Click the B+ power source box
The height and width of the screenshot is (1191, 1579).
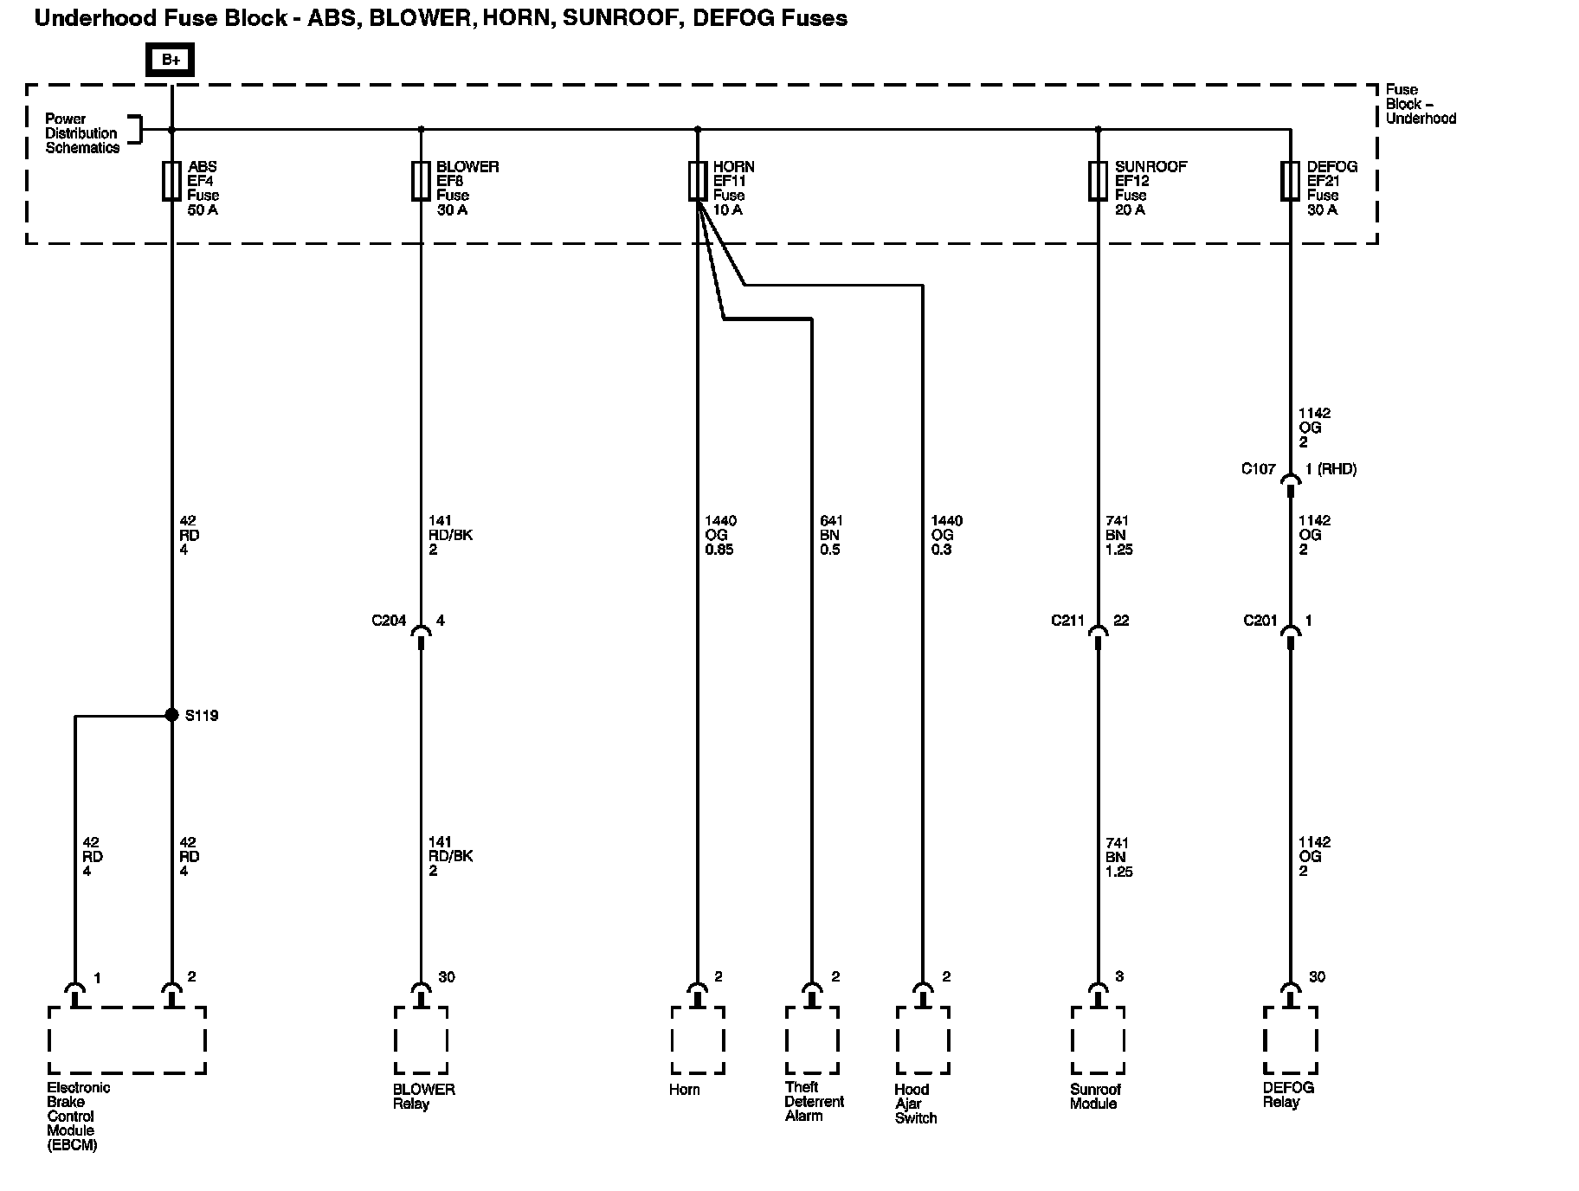(171, 60)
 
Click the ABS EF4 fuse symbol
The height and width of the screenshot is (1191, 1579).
(171, 181)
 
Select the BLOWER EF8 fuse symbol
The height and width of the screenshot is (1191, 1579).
(421, 181)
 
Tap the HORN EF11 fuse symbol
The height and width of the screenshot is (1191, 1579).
(698, 181)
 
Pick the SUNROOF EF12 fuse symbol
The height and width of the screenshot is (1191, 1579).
(1098, 181)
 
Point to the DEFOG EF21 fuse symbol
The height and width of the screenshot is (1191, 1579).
(1290, 181)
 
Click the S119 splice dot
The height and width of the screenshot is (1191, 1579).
(171, 715)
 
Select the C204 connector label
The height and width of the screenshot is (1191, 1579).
(389, 621)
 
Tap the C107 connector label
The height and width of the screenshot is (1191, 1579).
(1258, 469)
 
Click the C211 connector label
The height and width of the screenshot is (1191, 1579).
(1067, 621)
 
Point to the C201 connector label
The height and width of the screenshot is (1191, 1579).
(1260, 621)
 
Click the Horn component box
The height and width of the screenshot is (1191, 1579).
(697, 1040)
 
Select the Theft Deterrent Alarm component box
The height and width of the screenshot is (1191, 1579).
(811, 1040)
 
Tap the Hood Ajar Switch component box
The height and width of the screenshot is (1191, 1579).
(923, 1040)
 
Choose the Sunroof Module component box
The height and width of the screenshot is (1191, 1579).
(1098, 1040)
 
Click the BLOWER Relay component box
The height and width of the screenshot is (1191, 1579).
(421, 1040)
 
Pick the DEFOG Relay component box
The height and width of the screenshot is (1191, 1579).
(1290, 1040)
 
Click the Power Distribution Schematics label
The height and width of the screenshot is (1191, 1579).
(81, 133)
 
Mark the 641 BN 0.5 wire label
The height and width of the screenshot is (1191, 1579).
(830, 535)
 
